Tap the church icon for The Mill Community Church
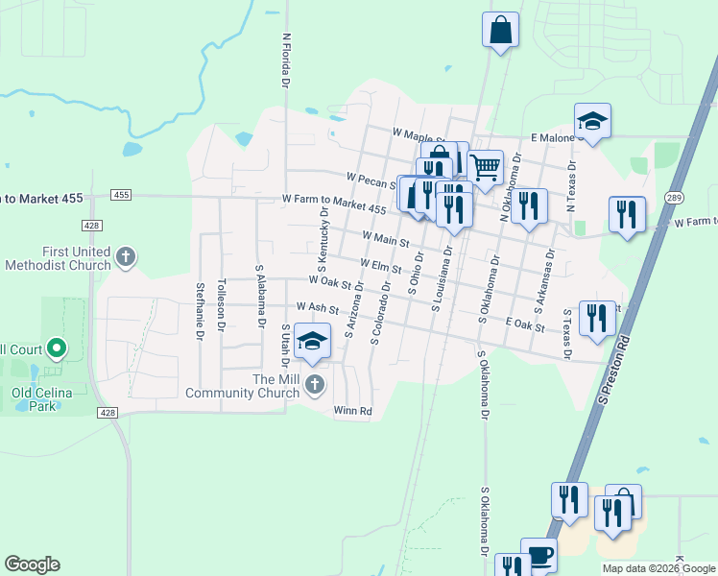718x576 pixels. point(315,385)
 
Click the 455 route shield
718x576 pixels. point(121,195)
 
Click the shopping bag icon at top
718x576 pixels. point(501,30)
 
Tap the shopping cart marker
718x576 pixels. point(486,167)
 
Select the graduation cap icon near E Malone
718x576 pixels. point(592,121)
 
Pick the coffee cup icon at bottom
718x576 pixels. point(538,555)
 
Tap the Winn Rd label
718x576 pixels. point(351,411)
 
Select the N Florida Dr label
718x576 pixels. point(285,61)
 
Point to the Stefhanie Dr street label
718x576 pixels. point(200,311)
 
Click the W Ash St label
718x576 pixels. point(318,307)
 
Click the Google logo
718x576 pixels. point(32,564)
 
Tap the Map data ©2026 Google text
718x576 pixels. point(658,568)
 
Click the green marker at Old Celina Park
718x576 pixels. point(56,347)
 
